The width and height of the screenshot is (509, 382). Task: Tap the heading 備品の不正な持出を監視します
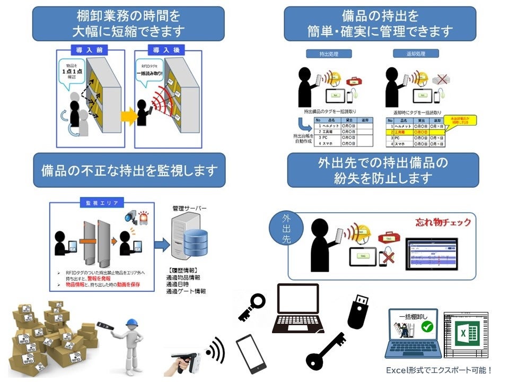129,170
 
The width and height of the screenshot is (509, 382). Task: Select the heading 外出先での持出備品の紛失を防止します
382,170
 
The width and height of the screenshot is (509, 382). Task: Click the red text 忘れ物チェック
443,222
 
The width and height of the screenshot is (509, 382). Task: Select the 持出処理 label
322,54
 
